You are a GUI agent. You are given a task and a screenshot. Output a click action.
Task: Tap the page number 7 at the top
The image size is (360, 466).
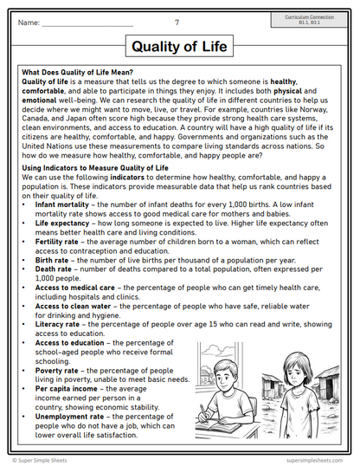[177, 22]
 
